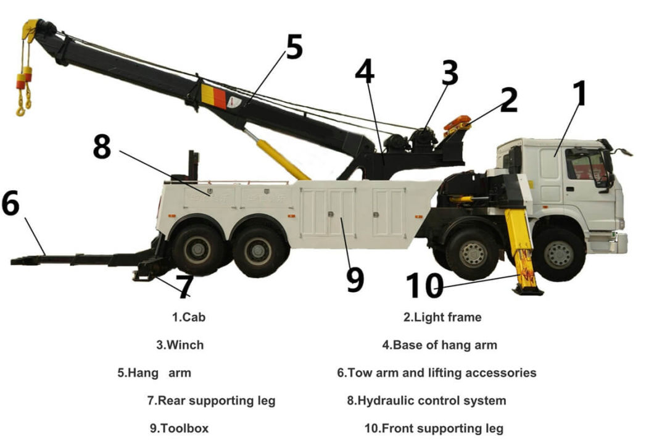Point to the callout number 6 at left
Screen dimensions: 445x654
pyautogui.click(x=10, y=204)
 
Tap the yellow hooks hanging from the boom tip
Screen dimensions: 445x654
pyautogui.click(x=24, y=93)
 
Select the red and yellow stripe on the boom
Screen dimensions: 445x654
pyautogui.click(x=213, y=97)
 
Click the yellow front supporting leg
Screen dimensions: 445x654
pyautogui.click(x=521, y=247)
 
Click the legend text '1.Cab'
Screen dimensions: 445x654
pyautogui.click(x=188, y=317)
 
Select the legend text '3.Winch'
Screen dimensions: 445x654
pyautogui.click(x=180, y=345)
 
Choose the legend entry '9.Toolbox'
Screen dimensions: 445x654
pyautogui.click(x=179, y=428)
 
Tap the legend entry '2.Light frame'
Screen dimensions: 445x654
pyautogui.click(x=442, y=317)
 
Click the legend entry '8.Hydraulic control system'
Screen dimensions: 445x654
pyautogui.click(x=426, y=401)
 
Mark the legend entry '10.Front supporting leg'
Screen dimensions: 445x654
pyautogui.click(x=434, y=428)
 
